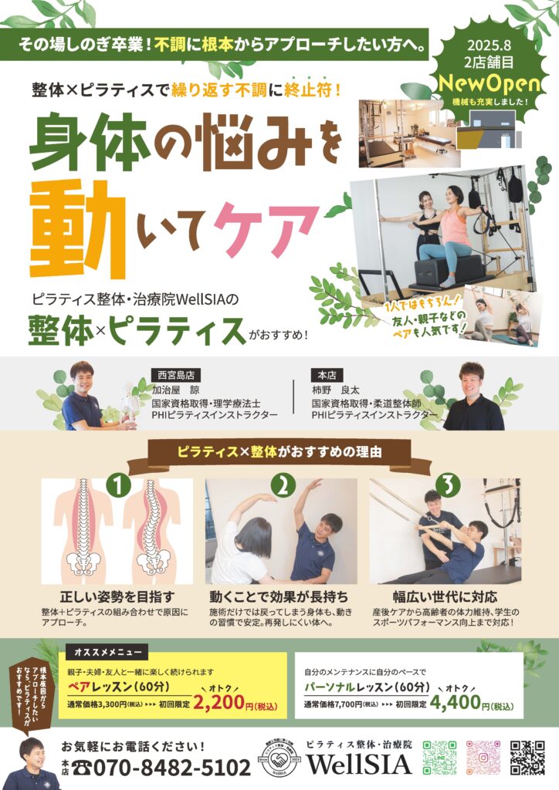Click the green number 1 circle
(118, 486)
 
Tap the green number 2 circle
(283, 486)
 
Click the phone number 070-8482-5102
(161, 768)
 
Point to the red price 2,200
(219, 703)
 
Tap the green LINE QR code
(439, 758)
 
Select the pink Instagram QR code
(483, 758)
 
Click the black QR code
(527, 758)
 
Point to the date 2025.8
(489, 46)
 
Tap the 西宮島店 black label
(176, 375)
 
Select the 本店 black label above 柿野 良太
(327, 375)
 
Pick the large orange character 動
(77, 229)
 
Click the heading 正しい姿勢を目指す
(117, 597)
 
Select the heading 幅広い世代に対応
(445, 597)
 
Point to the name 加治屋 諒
(176, 390)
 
